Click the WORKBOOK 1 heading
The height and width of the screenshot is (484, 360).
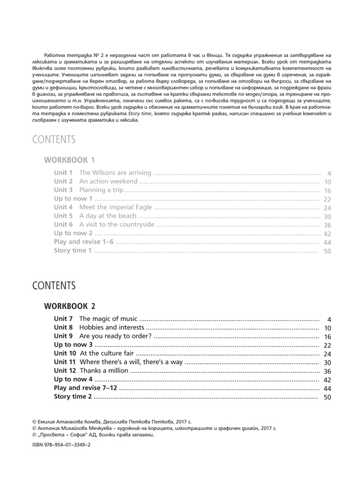click(70, 160)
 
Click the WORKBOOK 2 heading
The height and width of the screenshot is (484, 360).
click(70, 305)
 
